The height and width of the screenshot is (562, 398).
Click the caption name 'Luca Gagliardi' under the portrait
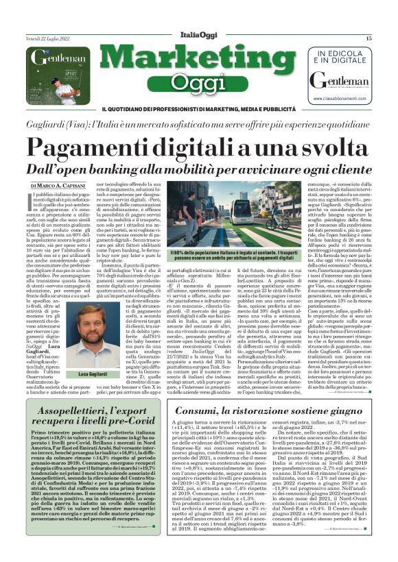[x=89, y=375]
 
